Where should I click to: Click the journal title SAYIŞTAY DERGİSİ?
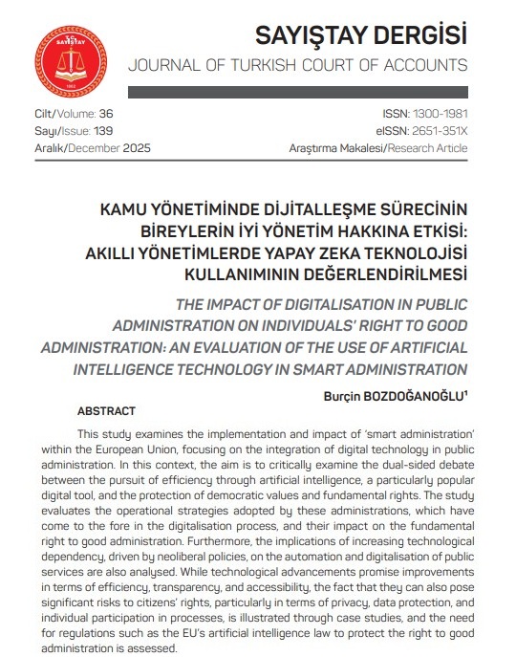point(362,35)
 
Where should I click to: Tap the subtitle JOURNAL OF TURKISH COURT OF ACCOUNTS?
point(298,66)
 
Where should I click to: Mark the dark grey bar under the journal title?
point(298,91)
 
